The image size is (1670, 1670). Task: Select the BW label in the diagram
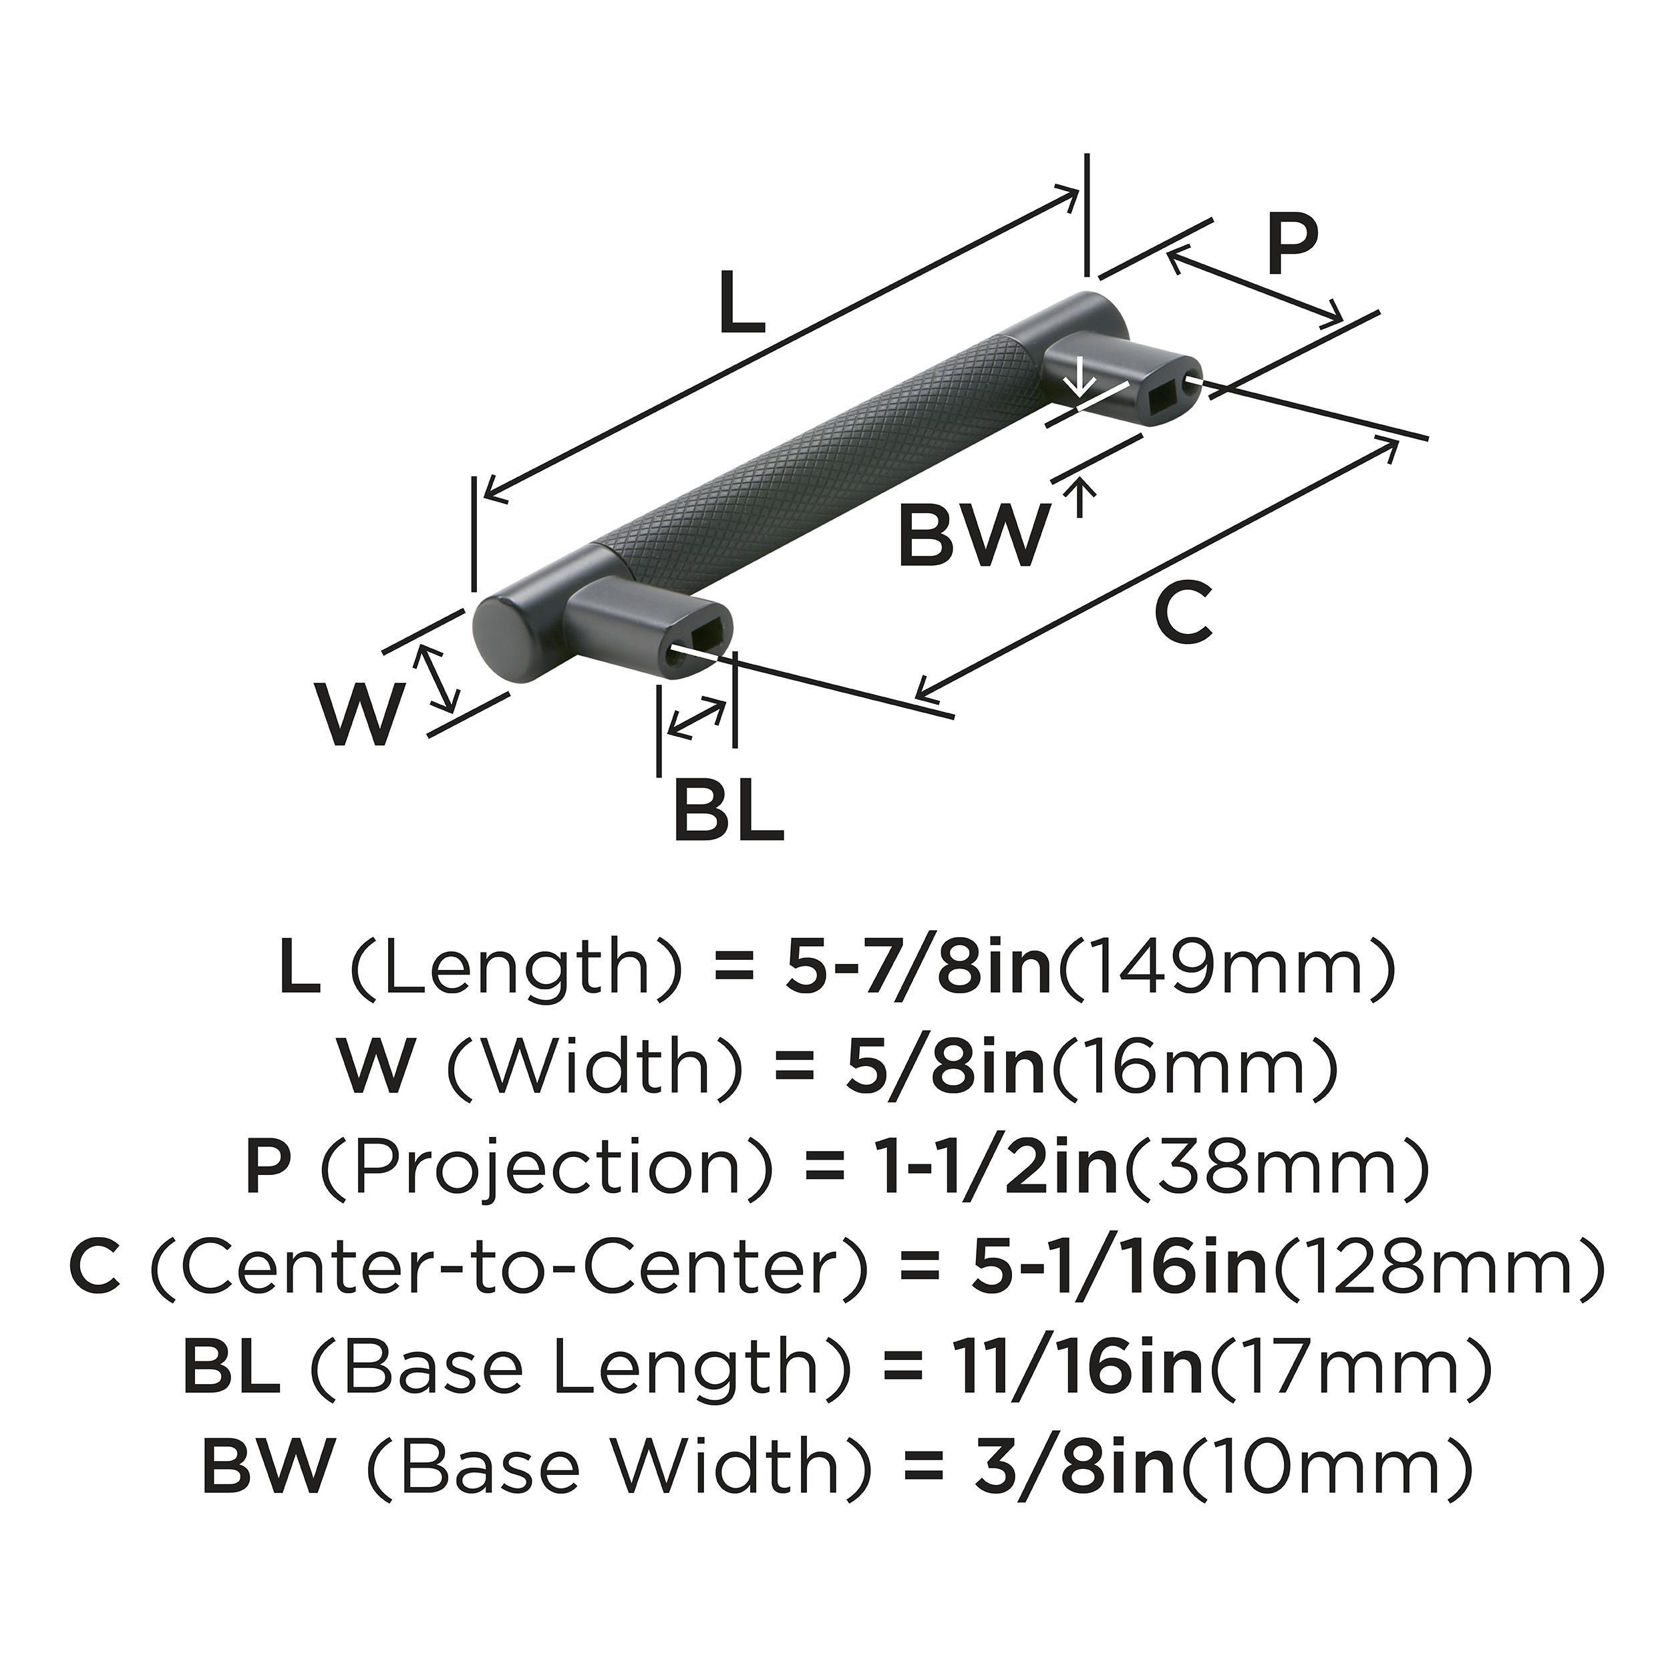coord(973,535)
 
